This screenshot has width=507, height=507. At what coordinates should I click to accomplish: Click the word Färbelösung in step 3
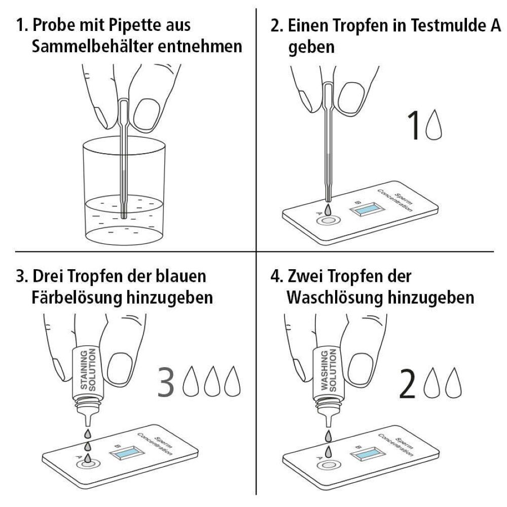coord(77,297)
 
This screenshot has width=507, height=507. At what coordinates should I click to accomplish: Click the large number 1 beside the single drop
coord(414,125)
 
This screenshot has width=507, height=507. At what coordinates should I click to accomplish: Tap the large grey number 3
coord(166,382)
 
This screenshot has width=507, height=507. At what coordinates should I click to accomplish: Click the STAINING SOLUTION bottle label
coord(88,370)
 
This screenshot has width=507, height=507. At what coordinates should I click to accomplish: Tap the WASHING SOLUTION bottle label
coord(329,370)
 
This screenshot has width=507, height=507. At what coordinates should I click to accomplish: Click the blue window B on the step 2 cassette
coord(367,209)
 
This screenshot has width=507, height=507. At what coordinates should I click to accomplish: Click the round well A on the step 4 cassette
coord(329,465)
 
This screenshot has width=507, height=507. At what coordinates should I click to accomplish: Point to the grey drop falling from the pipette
coord(328,209)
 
